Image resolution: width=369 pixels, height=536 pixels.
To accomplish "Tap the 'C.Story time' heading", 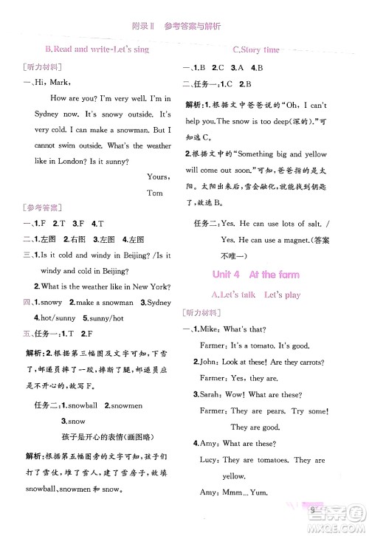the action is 256,49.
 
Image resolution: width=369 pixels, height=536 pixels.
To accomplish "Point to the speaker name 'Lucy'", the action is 213,459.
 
